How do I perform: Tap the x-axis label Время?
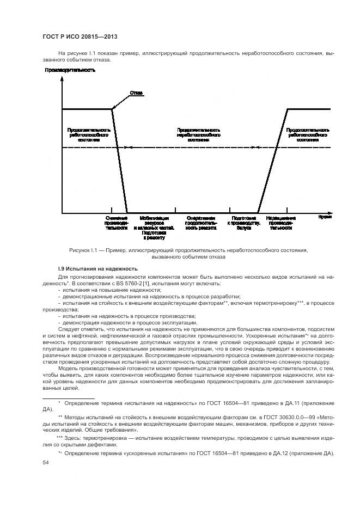[325, 217]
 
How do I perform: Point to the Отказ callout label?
[136, 93]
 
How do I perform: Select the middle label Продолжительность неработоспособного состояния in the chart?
[198, 135]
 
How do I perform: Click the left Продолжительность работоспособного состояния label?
[89, 135]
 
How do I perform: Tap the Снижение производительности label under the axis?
[117, 223]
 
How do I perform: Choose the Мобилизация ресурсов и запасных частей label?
[154, 227]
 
